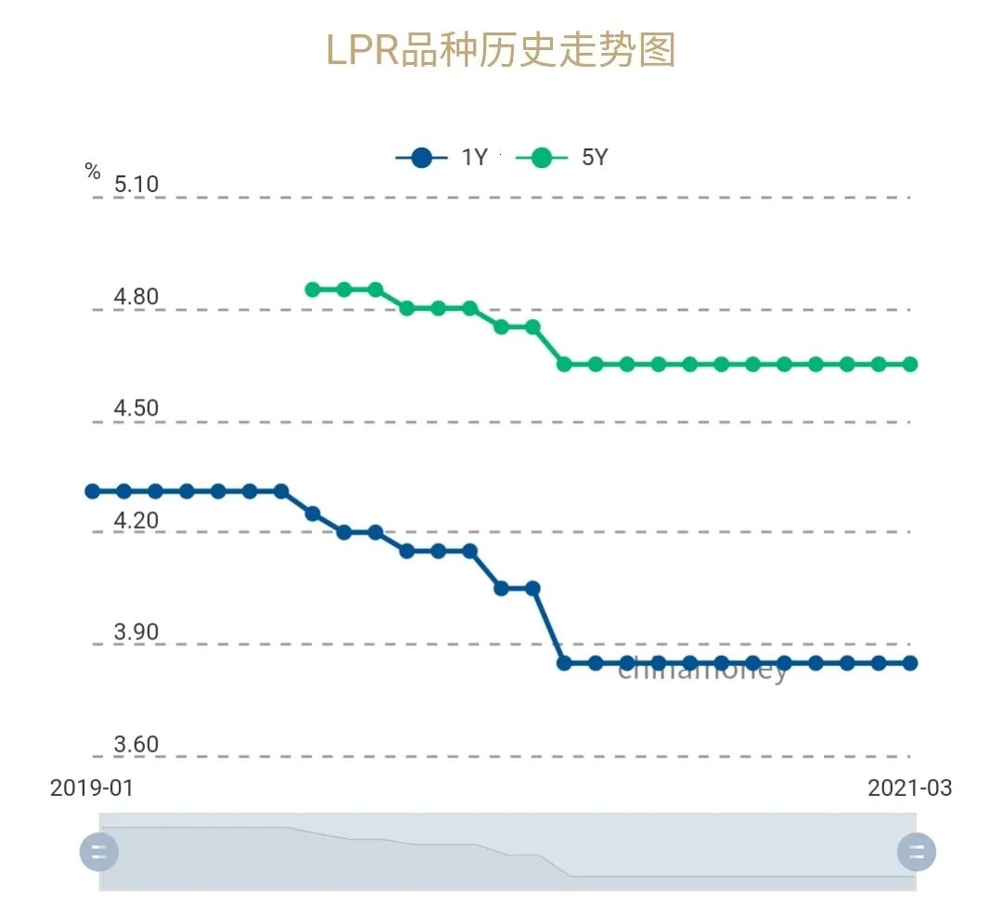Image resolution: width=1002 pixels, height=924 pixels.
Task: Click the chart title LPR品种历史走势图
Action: pos(501,51)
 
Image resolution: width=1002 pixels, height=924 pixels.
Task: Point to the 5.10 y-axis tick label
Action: pos(136,185)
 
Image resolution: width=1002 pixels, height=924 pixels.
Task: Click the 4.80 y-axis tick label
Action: pos(136,298)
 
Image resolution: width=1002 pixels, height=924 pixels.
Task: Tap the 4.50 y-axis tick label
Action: pos(136,409)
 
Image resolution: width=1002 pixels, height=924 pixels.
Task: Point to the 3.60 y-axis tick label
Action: pos(136,745)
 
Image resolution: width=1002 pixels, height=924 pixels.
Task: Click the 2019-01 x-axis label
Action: pos(92,789)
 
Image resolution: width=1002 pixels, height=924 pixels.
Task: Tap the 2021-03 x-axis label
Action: pos(909,789)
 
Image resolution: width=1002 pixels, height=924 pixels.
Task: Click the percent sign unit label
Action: pos(92,172)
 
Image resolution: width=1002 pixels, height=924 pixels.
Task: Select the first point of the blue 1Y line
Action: pos(93,491)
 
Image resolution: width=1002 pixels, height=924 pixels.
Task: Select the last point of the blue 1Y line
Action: pos(910,662)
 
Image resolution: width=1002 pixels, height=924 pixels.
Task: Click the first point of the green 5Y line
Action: pos(313,289)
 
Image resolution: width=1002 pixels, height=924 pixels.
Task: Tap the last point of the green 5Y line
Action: pos(910,364)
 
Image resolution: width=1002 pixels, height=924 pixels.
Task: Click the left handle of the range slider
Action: pos(98,852)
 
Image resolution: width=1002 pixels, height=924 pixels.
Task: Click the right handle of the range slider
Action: pos(917,852)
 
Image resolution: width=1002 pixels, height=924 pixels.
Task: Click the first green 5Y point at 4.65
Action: pos(564,364)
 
